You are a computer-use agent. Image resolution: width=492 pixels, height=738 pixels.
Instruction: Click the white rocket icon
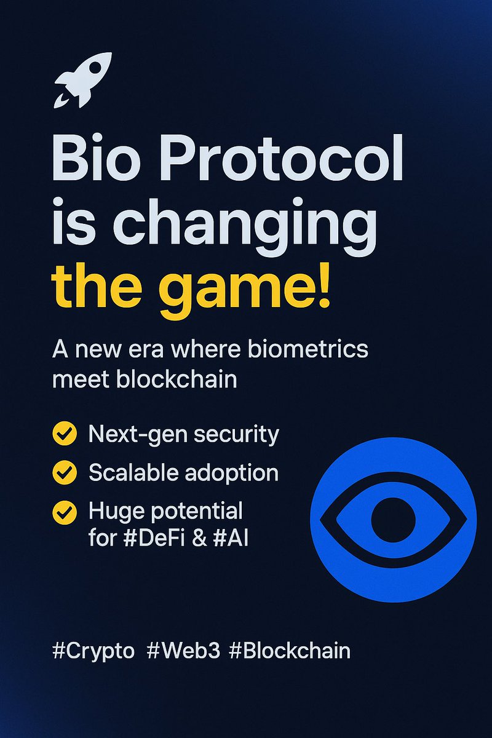[84, 79]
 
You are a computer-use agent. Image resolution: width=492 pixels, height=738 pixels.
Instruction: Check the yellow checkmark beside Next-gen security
[65, 434]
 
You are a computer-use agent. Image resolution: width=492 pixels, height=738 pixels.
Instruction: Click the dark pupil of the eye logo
[393, 520]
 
